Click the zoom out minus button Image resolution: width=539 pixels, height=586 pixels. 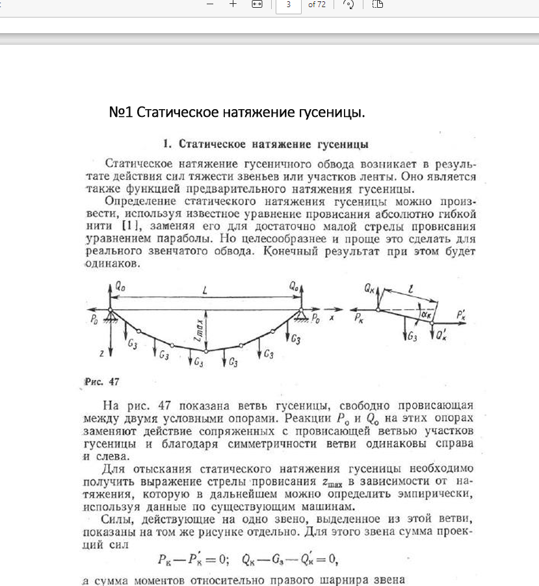coord(209,5)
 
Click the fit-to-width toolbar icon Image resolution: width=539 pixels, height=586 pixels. coord(257,5)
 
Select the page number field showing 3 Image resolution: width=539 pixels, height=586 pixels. coord(288,5)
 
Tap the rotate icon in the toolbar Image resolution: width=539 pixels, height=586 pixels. coord(348,5)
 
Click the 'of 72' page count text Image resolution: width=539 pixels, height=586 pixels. coord(317,5)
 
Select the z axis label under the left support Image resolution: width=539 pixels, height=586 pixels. coord(101,353)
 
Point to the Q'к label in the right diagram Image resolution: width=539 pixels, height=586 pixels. coord(441,335)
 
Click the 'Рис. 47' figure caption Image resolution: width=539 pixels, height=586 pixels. coord(99,381)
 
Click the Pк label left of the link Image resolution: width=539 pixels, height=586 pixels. coord(360,318)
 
